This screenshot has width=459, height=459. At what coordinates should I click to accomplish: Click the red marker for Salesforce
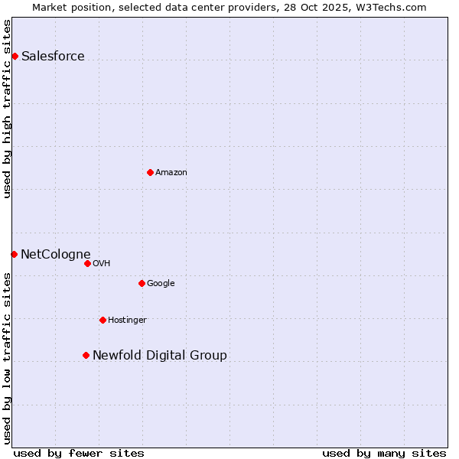tap(15, 56)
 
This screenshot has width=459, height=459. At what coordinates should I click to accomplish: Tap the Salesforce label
tap(53, 56)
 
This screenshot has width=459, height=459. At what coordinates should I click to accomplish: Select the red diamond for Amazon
tap(150, 172)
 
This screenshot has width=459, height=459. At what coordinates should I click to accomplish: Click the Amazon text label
tap(171, 172)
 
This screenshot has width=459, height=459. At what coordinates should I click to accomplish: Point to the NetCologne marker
tap(14, 254)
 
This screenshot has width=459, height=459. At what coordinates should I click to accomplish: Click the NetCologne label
tap(56, 254)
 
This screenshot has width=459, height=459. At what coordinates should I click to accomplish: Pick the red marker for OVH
tap(87, 263)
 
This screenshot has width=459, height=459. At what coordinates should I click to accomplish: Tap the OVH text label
tap(101, 263)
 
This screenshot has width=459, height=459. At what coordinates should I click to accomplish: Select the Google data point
tap(142, 283)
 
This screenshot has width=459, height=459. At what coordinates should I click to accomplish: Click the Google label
tap(161, 283)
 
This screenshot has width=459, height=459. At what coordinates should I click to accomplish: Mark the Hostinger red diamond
tap(103, 320)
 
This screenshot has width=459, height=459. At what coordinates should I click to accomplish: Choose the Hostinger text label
tap(127, 320)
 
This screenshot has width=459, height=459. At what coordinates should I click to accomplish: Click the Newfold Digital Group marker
tap(86, 355)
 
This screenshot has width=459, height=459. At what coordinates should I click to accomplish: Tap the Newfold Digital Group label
tap(160, 355)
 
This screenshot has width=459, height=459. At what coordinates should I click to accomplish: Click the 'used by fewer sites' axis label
tap(79, 453)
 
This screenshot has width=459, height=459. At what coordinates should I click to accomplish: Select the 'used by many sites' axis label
tap(384, 453)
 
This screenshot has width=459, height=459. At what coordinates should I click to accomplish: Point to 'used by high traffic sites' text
tap(7, 109)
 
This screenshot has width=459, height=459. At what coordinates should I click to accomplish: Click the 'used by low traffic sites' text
tap(7, 358)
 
